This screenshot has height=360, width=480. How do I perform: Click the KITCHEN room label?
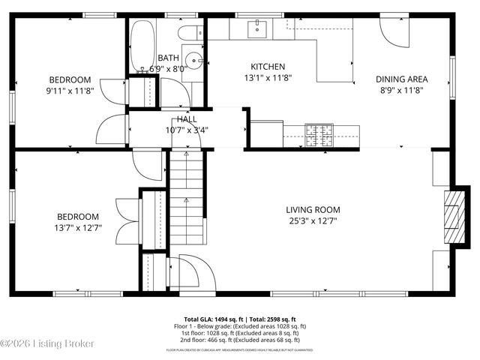tap(268, 66)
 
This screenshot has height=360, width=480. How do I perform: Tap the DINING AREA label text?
tap(401, 79)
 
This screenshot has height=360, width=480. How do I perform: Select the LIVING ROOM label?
tap(313, 210)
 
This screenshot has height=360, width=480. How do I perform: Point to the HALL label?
tap(187, 119)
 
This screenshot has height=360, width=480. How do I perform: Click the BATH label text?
tap(167, 58)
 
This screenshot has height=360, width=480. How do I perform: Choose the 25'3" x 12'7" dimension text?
tap(313, 222)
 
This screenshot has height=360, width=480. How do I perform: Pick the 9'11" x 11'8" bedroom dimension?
tap(70, 91)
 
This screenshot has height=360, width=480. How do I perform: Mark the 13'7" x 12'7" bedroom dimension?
tap(77, 227)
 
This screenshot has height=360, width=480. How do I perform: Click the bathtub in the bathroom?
tap(141, 46)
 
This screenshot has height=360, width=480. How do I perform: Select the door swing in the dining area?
tap(392, 30)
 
